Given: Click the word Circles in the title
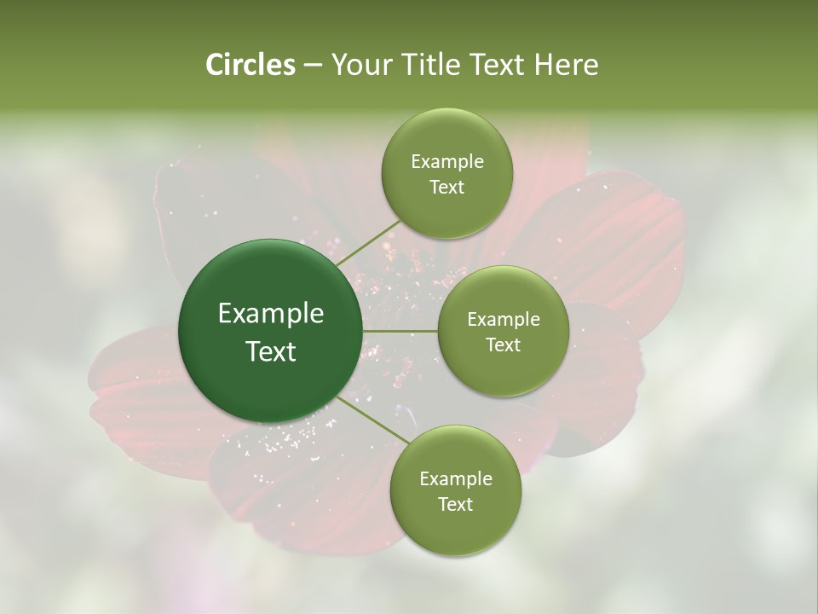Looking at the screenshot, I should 250,65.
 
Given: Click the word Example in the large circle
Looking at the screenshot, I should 271,314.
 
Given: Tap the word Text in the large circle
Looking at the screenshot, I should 271,351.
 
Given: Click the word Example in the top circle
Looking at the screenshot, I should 446,162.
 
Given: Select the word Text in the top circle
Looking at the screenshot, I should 446,188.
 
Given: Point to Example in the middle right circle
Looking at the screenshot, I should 503,320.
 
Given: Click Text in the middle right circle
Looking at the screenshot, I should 503,345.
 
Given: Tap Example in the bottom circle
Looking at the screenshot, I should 455,479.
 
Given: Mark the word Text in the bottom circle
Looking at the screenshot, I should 455,505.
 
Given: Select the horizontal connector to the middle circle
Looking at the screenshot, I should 400,331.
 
